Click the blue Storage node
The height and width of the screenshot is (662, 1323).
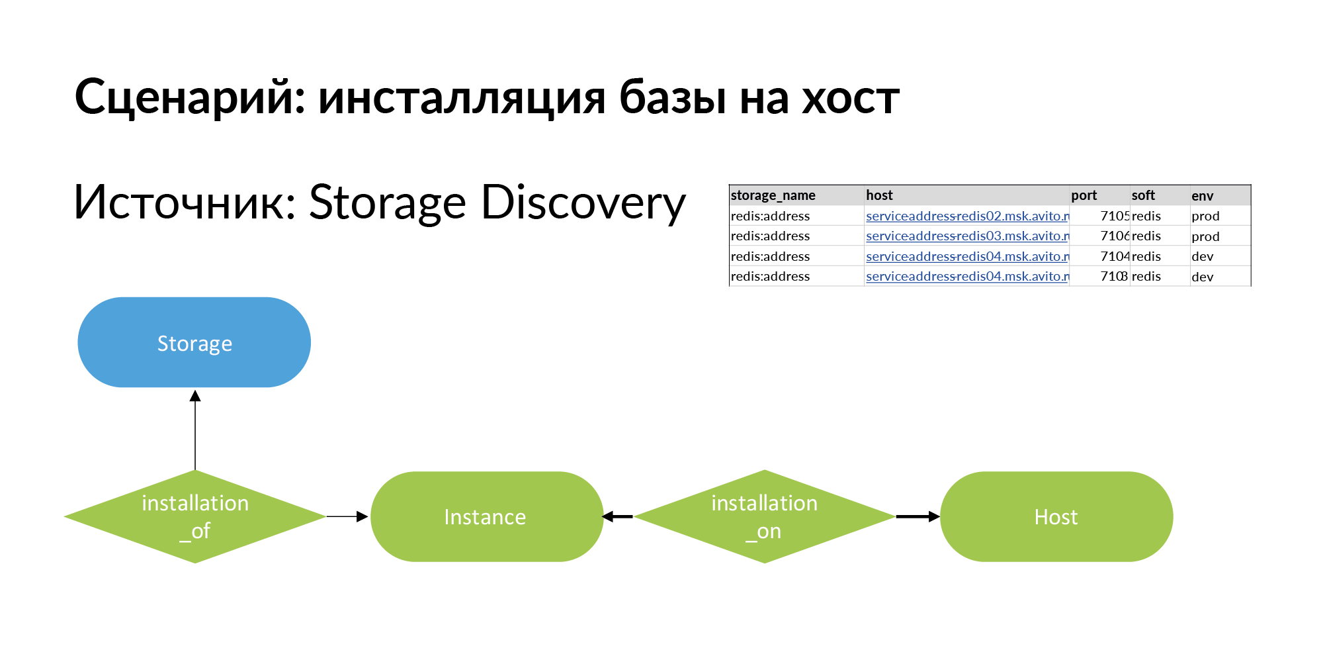[x=194, y=342]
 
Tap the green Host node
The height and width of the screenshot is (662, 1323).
[x=1056, y=516]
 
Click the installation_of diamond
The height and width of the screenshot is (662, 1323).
[x=195, y=516]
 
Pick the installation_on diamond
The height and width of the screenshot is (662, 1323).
[x=764, y=516]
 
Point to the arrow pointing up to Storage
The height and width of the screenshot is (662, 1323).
[x=195, y=430]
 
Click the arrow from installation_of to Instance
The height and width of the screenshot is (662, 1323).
[x=347, y=516]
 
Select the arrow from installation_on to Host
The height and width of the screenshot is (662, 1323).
[x=918, y=516]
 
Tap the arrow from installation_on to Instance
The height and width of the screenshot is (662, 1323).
[x=618, y=516]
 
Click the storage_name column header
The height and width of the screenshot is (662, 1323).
[x=773, y=195]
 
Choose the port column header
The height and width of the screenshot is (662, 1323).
[x=1084, y=195]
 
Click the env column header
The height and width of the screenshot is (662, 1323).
[x=1202, y=196]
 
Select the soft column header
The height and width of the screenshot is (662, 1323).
[x=1142, y=195]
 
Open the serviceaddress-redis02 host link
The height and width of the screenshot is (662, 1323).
[x=966, y=216]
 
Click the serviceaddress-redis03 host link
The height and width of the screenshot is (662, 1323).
[x=966, y=236]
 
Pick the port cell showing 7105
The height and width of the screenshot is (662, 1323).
[x=1114, y=216]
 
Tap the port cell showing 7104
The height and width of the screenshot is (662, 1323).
[x=1114, y=256]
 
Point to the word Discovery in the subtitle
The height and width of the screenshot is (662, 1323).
[x=583, y=203]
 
